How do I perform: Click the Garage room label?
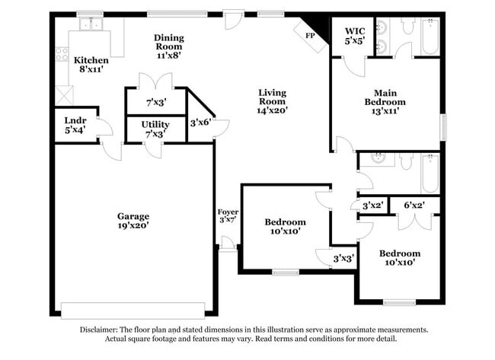(133, 220)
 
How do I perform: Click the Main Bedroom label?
(384, 100)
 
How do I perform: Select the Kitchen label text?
(90, 60)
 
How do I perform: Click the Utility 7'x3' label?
(155, 129)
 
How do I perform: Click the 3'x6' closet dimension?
(200, 122)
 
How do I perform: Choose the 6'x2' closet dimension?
(414, 205)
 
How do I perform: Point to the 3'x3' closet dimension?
(343, 259)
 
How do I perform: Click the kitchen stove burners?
(62, 54)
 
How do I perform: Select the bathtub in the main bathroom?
(430, 37)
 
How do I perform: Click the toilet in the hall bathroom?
(407, 161)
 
